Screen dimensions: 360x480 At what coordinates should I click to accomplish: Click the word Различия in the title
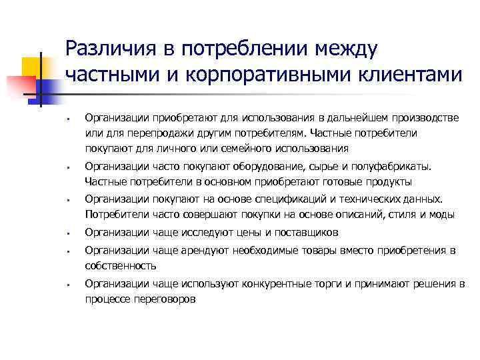(x=107, y=49)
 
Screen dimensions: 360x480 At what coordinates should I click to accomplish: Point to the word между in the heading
(x=342, y=49)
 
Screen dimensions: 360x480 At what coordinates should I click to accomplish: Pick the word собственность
(x=121, y=265)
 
